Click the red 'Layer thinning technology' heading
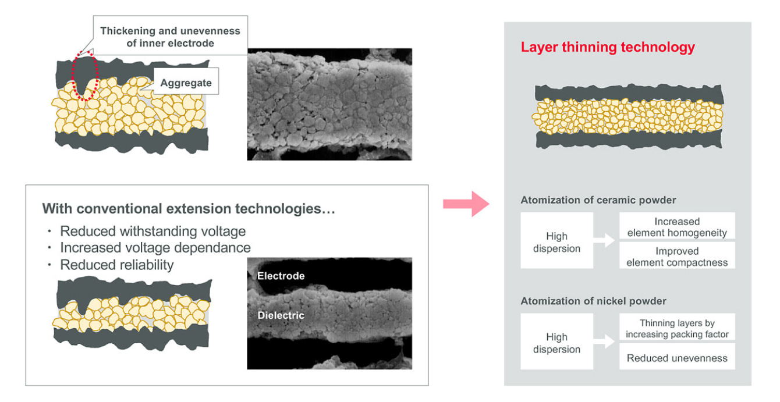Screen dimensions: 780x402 pyautogui.click(x=608, y=47)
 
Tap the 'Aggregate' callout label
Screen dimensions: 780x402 pyautogui.click(x=186, y=81)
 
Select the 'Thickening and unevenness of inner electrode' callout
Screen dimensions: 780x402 pyautogui.click(x=171, y=35)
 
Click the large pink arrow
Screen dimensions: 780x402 pyautogui.click(x=466, y=204)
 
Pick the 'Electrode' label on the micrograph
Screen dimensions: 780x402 pyautogui.click(x=281, y=276)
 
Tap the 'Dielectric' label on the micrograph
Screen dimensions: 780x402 pyautogui.click(x=281, y=315)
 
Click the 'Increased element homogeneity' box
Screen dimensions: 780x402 pyautogui.click(x=677, y=226)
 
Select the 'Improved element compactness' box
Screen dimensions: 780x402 pyautogui.click(x=677, y=255)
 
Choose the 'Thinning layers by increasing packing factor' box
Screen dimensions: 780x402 pyautogui.click(x=677, y=327)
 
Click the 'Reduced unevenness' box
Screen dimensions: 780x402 pyautogui.click(x=677, y=357)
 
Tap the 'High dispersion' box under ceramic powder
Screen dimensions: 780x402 pyautogui.click(x=556, y=240)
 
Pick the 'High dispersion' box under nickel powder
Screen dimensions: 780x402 pyautogui.click(x=556, y=341)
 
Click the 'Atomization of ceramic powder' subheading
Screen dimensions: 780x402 pyautogui.click(x=598, y=200)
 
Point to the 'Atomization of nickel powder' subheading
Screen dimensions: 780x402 pyautogui.click(x=593, y=301)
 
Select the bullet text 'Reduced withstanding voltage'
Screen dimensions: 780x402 pyautogui.click(x=153, y=231)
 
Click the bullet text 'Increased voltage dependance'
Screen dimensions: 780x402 pyautogui.click(x=155, y=248)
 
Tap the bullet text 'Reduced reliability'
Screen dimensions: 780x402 pyautogui.click(x=116, y=265)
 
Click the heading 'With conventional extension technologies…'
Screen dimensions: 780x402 pyautogui.click(x=189, y=208)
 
